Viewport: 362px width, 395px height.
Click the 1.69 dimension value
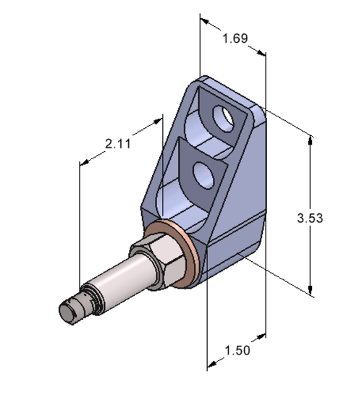coord(234,38)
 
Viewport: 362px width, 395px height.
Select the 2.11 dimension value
coord(117,144)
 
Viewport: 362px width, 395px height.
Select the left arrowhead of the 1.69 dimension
coord(203,20)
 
